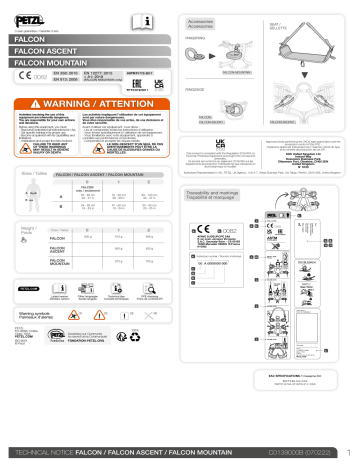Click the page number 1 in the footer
[347, 452]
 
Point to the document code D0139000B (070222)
[296, 452]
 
